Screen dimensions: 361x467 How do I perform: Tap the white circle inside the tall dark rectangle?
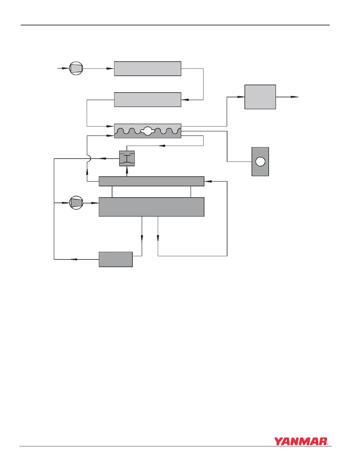[x=260, y=162]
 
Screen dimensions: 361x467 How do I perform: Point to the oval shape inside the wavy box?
[x=147, y=131]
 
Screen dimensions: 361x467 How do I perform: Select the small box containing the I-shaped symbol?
[x=127, y=159]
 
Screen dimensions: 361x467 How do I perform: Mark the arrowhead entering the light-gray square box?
[x=241, y=97]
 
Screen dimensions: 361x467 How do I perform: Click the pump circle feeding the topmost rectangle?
[x=76, y=68]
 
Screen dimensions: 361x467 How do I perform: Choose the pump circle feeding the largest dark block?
[x=76, y=203]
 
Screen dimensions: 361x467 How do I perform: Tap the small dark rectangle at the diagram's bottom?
[x=116, y=259]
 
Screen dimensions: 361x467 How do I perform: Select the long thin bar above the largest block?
[x=151, y=181]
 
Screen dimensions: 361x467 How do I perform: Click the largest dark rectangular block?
[x=151, y=207]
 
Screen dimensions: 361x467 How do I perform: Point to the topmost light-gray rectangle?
[x=147, y=69]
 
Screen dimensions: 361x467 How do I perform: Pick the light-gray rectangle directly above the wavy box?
[x=147, y=100]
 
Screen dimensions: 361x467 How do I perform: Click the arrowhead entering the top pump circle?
[x=65, y=68]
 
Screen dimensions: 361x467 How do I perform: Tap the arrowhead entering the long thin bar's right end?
[x=208, y=181]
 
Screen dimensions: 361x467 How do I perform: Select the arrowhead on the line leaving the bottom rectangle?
[x=74, y=259]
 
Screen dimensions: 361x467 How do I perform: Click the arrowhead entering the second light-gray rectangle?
[x=185, y=100]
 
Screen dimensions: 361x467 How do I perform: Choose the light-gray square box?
[x=260, y=97]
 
